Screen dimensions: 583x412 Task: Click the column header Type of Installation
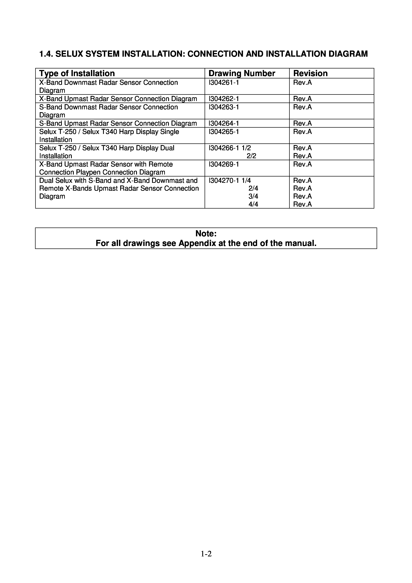[77, 73]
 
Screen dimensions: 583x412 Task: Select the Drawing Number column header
[242, 73]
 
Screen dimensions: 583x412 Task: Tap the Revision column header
[310, 73]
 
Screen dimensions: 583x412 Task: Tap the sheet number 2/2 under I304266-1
[251, 156]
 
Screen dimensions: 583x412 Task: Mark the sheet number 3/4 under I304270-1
[253, 196]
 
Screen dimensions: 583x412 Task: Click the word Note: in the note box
[206, 233]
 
